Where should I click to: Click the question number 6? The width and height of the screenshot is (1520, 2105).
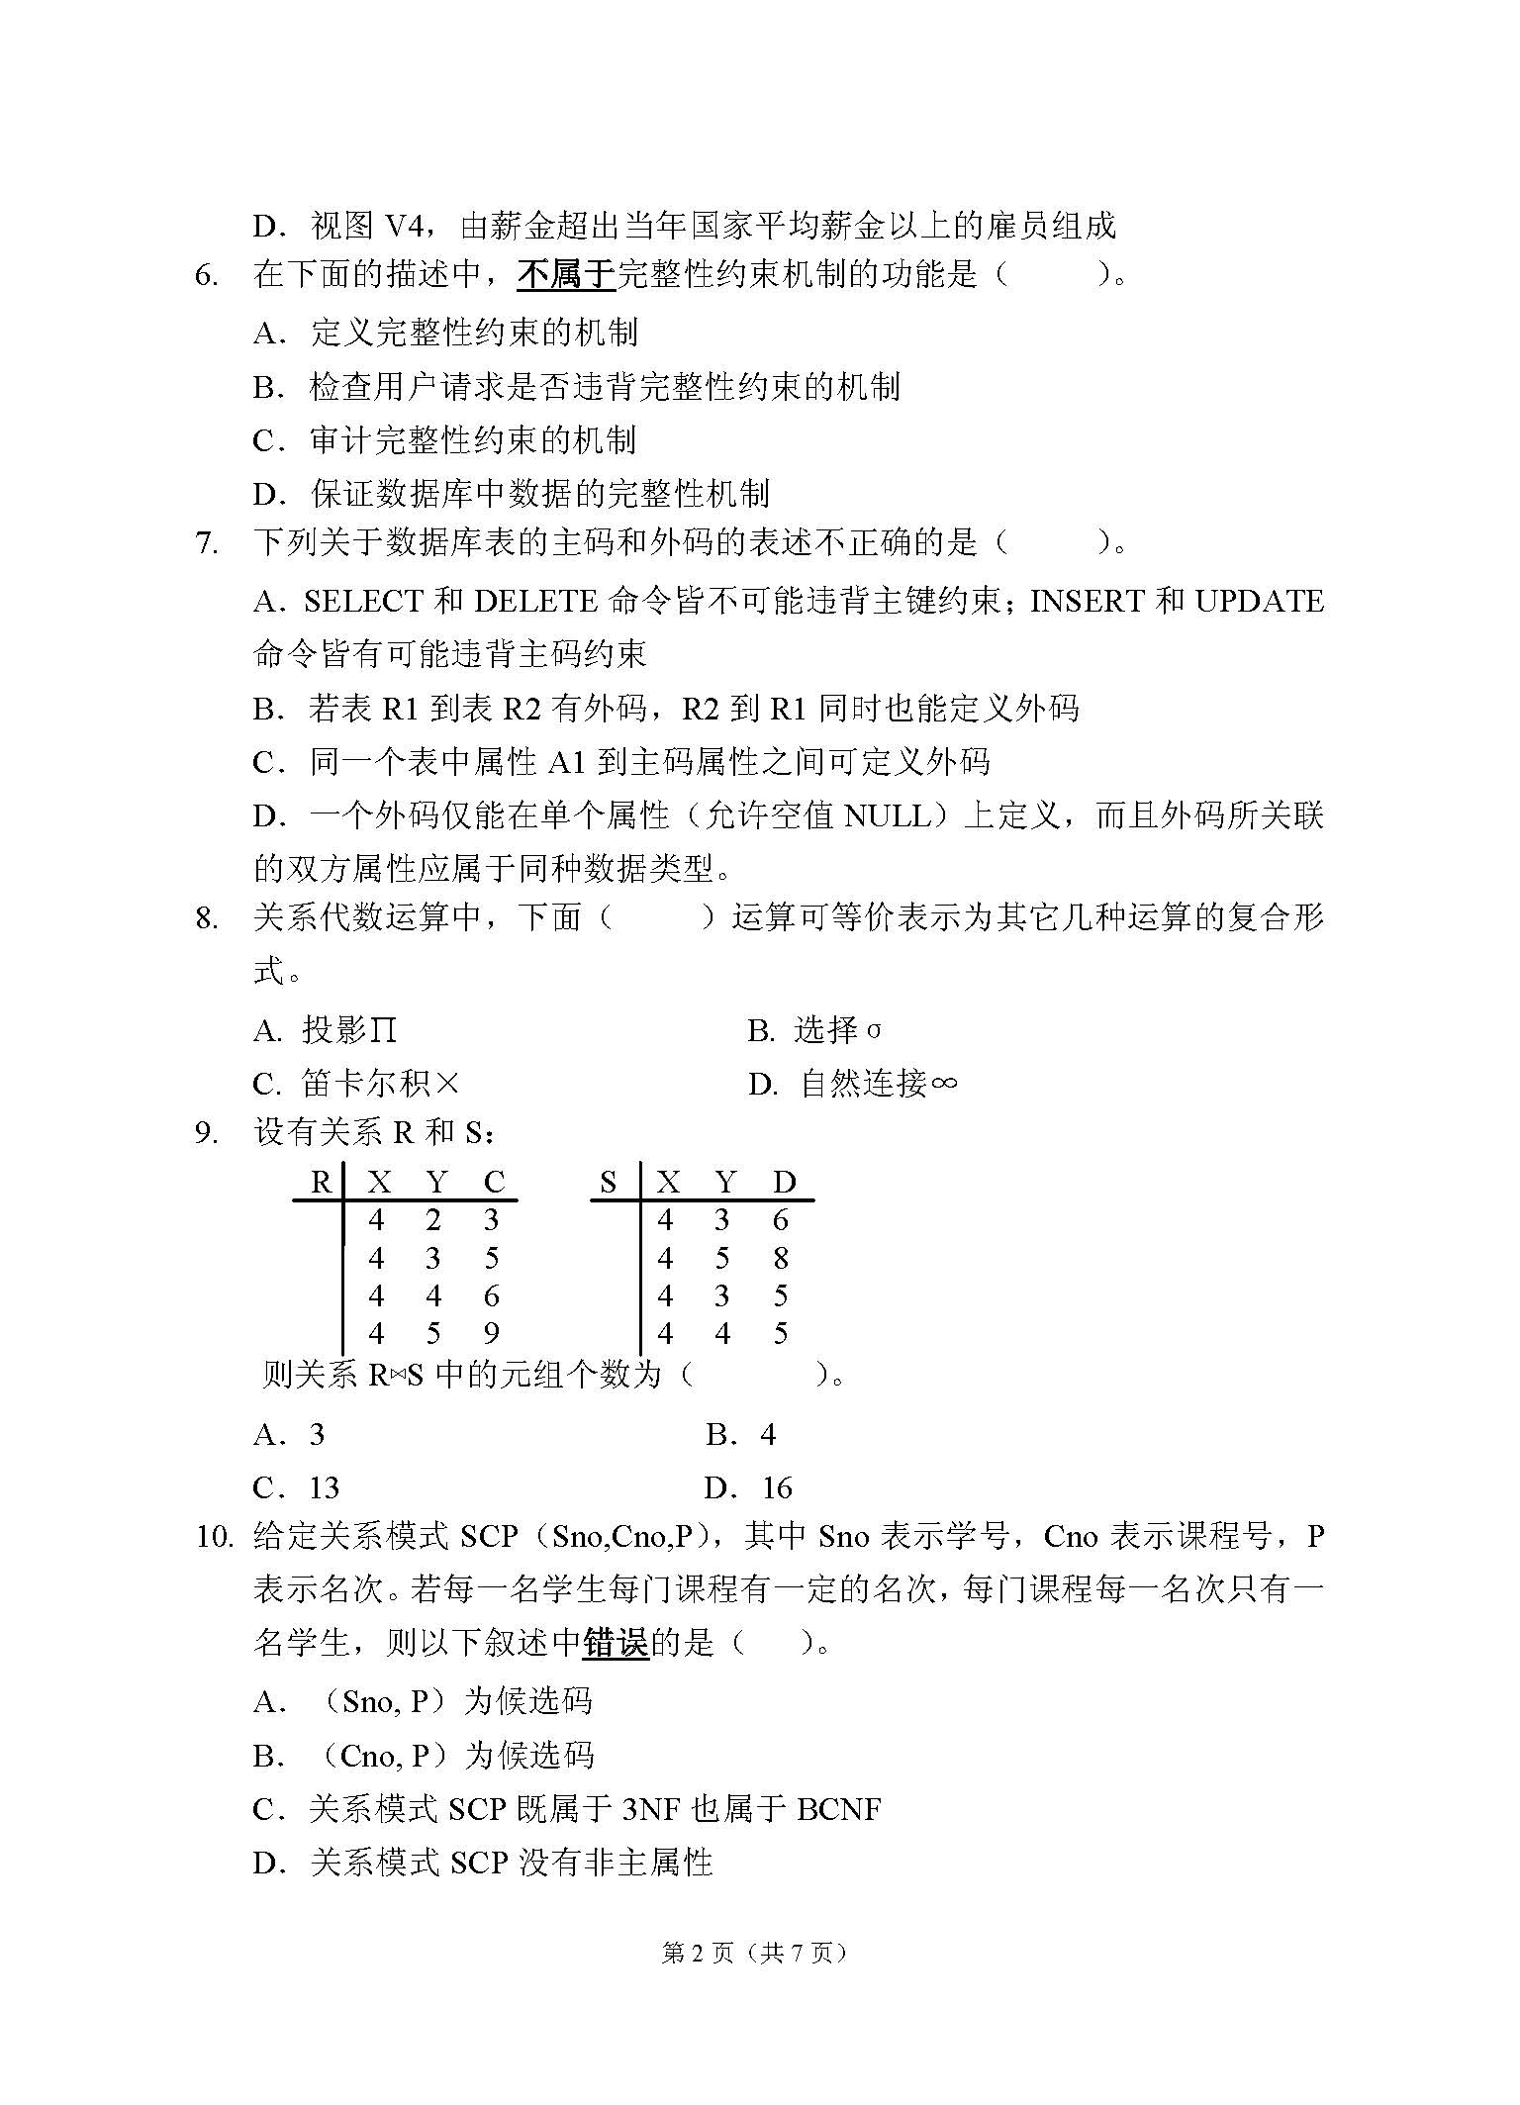pyautogui.click(x=206, y=276)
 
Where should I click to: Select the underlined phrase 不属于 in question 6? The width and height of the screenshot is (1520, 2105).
pyautogui.click(x=566, y=274)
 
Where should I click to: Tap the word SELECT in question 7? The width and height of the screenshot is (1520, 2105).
pyautogui.click(x=363, y=602)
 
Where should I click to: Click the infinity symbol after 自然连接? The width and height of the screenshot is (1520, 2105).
pyautogui.click(x=943, y=1085)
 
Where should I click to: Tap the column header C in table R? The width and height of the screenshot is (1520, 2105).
pyautogui.click(x=494, y=1182)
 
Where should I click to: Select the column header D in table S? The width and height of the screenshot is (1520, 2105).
pyautogui.click(x=784, y=1182)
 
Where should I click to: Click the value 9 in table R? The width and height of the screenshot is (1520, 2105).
pyautogui.click(x=492, y=1334)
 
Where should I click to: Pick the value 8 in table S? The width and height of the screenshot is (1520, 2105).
pyautogui.click(x=781, y=1259)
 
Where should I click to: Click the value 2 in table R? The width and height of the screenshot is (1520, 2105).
pyautogui.click(x=433, y=1220)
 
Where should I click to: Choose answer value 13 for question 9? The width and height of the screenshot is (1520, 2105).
pyautogui.click(x=324, y=1487)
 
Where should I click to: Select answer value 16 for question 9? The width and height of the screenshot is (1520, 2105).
pyautogui.click(x=777, y=1487)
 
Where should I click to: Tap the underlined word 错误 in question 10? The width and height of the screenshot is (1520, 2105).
pyautogui.click(x=616, y=1644)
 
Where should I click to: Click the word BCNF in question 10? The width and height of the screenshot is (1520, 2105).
pyautogui.click(x=838, y=1810)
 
